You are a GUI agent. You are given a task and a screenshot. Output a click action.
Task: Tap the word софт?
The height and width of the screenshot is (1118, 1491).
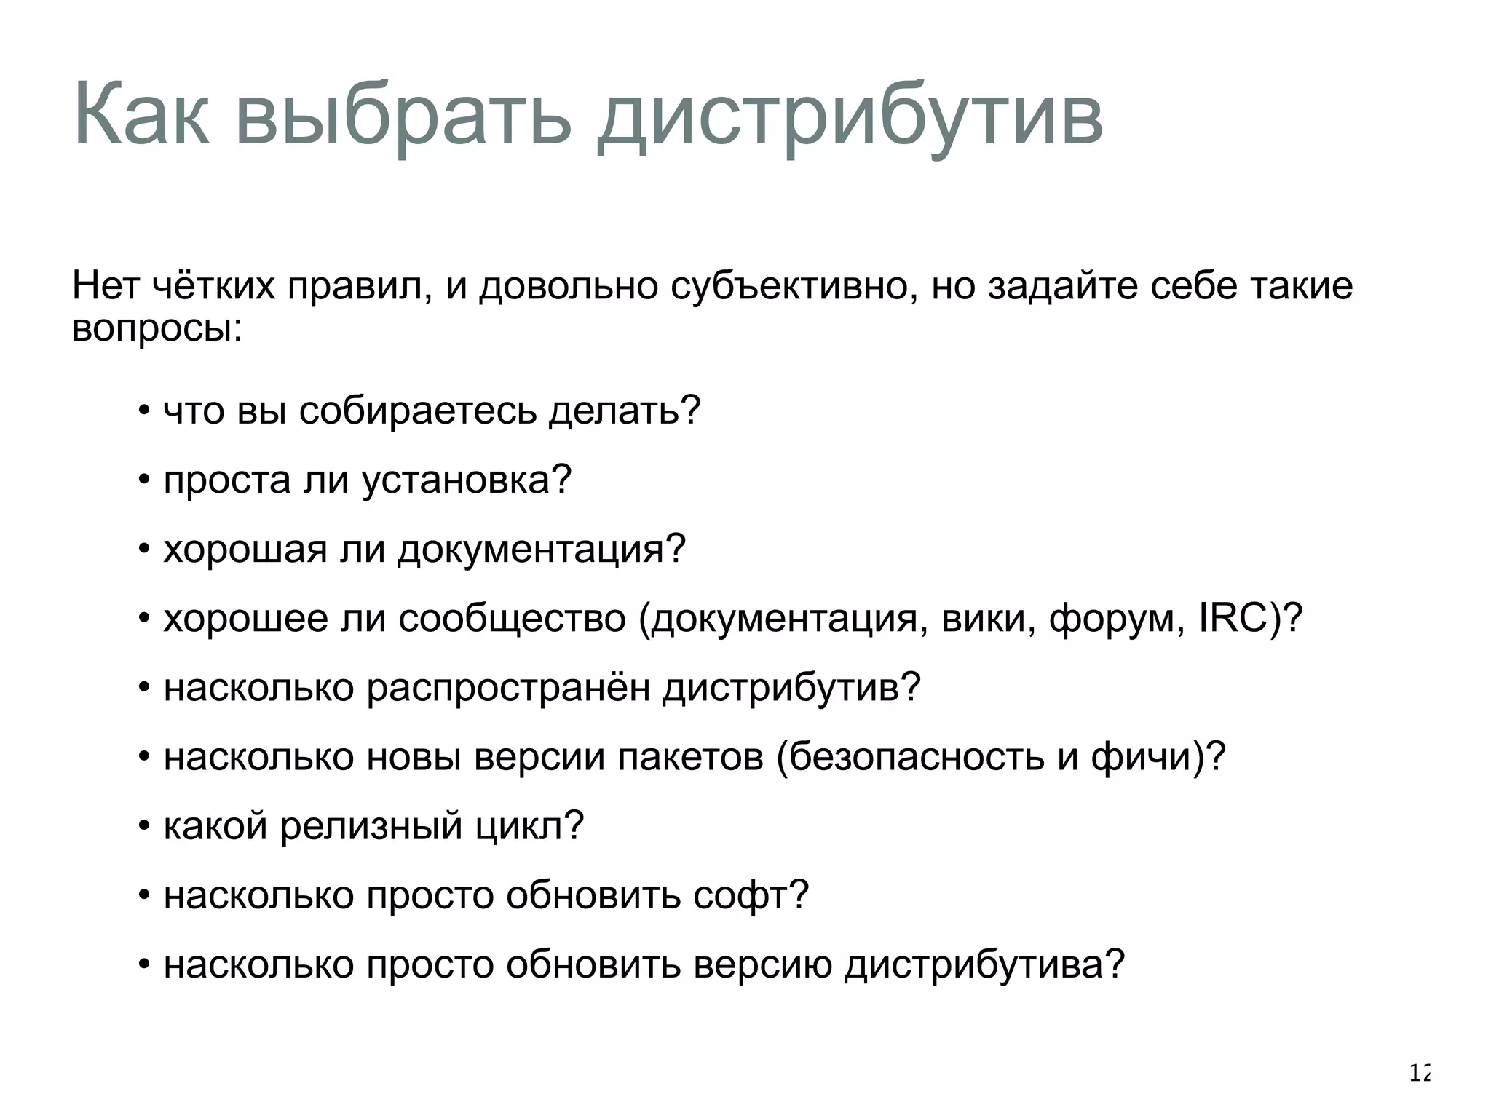(751, 895)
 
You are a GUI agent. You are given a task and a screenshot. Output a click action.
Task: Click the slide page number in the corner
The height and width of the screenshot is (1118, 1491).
(1420, 1073)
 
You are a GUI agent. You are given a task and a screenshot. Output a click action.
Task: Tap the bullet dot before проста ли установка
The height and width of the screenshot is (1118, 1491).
(144, 480)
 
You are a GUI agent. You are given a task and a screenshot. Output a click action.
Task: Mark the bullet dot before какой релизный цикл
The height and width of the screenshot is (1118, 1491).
(144, 826)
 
